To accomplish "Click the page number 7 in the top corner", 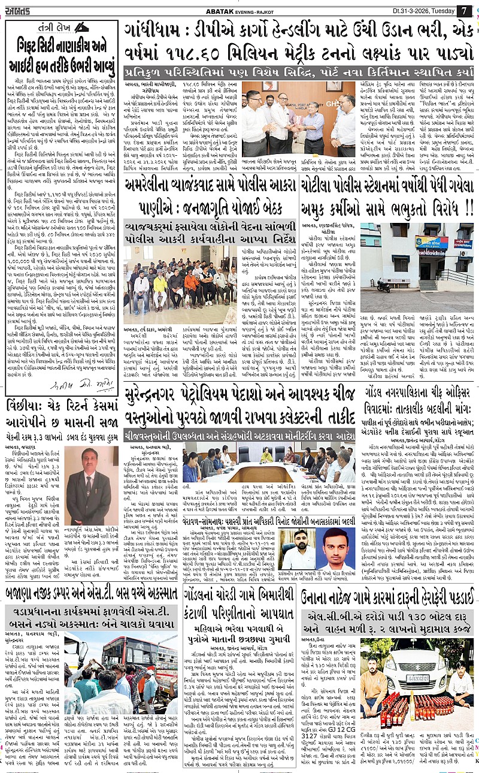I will tap(463, 10).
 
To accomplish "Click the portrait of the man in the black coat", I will tap(88, 476).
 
